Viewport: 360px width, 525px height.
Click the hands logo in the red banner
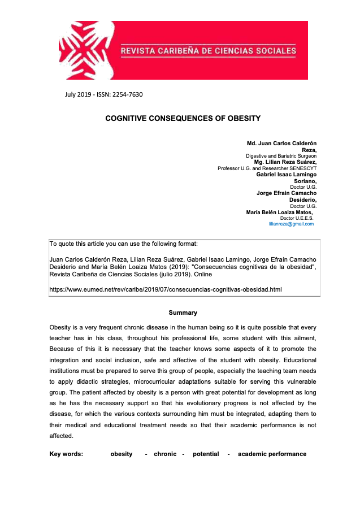pos(88,50)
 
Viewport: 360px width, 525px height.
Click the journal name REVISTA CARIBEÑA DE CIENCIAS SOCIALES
pos(208,51)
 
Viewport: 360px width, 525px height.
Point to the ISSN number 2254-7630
pos(126,94)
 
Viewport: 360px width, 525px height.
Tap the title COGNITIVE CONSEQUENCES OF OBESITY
pos(183,119)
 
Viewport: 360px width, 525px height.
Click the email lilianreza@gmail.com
pos(291,224)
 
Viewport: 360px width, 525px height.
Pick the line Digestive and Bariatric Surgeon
pos(281,156)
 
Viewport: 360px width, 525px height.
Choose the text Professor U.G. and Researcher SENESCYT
pos(267,168)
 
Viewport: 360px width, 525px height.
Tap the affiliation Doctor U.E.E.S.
pos(297,218)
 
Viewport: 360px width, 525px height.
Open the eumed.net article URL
pos(166,289)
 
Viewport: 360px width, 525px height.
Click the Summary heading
pos(183,313)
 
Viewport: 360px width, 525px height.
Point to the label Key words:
pos(66,454)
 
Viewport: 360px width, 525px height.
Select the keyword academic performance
pos(272,454)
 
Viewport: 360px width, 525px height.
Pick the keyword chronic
pos(165,454)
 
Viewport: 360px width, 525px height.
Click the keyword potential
pos(206,454)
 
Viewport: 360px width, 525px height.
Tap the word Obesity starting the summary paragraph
pos(60,328)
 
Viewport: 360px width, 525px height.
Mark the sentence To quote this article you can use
pos(124,244)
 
